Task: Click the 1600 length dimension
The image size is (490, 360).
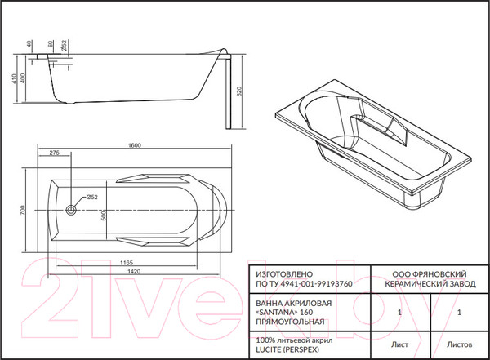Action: point(135,145)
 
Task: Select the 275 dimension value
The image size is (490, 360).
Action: point(55,153)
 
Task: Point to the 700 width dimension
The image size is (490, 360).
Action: point(22,210)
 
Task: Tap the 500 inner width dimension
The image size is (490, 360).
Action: point(104,215)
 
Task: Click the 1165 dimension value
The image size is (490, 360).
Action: point(127,263)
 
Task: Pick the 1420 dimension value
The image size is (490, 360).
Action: point(134,271)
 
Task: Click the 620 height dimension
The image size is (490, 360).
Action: point(239,91)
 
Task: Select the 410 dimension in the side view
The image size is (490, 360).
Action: point(14,78)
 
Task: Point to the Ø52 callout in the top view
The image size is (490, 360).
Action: point(91,197)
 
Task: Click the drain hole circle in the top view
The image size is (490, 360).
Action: point(71,210)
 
